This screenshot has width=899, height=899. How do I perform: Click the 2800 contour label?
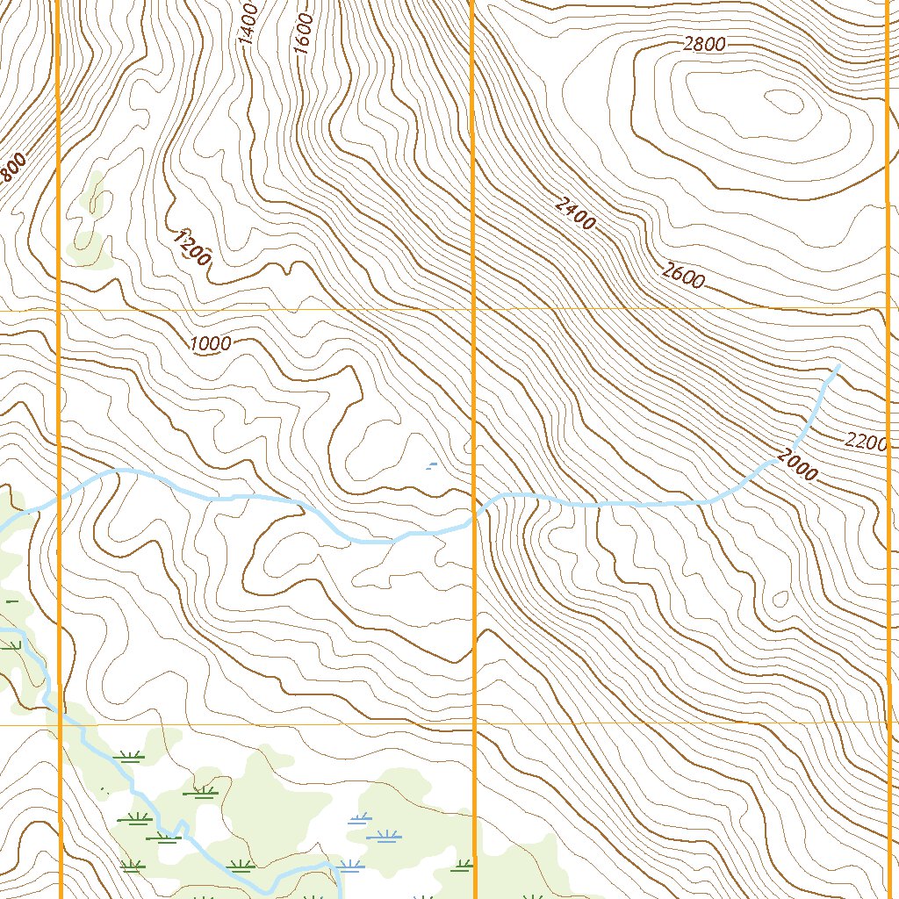click(703, 45)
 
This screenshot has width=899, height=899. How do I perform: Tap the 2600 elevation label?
click(683, 277)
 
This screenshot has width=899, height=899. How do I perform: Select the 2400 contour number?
click(575, 213)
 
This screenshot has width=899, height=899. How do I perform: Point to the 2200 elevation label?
click(866, 442)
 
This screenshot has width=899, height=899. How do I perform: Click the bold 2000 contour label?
click(796, 465)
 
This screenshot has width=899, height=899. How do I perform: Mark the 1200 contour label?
click(191, 248)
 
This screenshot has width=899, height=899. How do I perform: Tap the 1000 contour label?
click(210, 344)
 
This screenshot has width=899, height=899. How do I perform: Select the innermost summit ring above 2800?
click(784, 103)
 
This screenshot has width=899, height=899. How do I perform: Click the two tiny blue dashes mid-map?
click(430, 464)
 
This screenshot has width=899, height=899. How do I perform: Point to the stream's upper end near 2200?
click(837, 366)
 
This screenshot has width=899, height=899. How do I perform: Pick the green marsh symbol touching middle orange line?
click(462, 867)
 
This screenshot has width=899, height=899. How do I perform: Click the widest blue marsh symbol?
click(384, 835)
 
